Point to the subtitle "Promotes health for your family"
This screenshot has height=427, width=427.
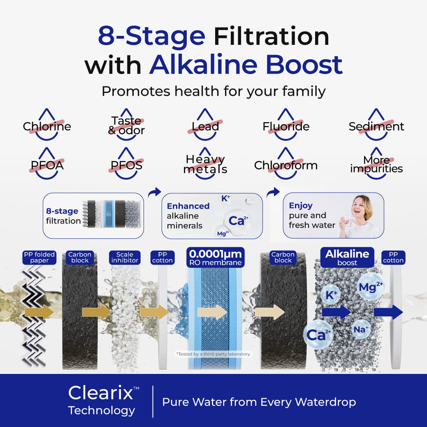pos(213,91)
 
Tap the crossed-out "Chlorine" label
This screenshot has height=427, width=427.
pos(47,126)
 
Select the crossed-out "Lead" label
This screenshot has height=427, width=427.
pos(205,126)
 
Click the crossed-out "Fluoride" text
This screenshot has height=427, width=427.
pos(286,126)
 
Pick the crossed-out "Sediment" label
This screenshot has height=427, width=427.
pos(376,126)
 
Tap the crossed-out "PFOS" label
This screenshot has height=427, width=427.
pos(126,165)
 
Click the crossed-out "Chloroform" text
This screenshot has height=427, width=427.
pos(286,165)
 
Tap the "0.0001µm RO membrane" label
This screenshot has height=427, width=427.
pos(214,258)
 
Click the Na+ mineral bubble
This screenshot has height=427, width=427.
pos(361,329)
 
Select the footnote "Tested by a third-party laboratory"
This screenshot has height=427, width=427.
pos(213,354)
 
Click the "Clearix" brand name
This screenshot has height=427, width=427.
pos(101,393)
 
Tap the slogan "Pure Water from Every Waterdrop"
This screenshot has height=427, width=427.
pos(259,402)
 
